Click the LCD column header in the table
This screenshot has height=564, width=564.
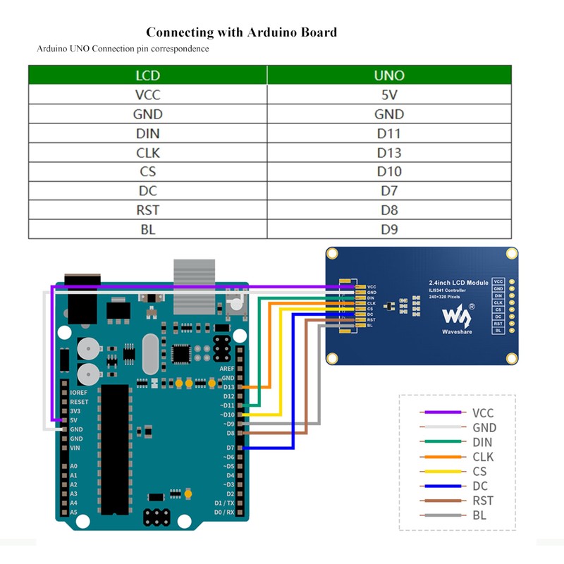coord(147,75)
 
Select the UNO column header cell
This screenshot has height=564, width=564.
coord(389,75)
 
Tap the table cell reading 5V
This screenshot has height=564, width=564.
coord(389,95)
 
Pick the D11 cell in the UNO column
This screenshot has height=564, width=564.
coord(389,133)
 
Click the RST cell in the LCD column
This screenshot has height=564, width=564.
coord(147,210)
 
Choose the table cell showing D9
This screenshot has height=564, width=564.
coord(389,229)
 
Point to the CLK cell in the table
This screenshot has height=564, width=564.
coord(147,152)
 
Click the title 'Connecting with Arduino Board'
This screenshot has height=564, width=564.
coord(241,32)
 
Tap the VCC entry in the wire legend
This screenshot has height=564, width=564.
coord(483,413)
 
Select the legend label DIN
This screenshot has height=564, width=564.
coord(483,442)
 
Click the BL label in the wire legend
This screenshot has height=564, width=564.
coord(479,515)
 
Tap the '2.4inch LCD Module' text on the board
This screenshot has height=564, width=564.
coord(458,283)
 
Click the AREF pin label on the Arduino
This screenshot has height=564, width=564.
coord(226,369)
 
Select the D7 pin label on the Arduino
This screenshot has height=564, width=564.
coord(230,448)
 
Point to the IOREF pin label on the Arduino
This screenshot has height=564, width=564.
coord(78,392)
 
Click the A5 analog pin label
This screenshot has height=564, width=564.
coord(74,513)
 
